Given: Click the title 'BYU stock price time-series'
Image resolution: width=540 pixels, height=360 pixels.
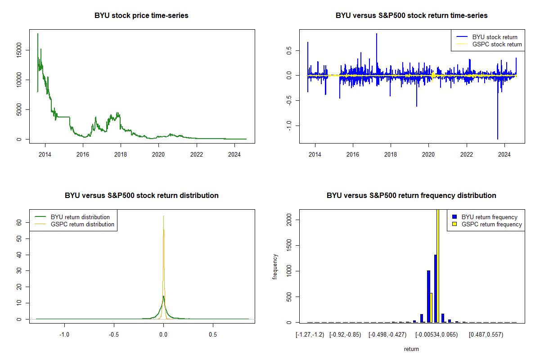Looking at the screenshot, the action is pyautogui.click(x=141, y=15).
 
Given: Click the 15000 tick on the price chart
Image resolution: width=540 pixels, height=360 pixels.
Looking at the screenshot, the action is pyautogui.click(x=19, y=50).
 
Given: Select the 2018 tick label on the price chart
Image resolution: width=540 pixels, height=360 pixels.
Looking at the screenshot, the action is pyautogui.click(x=121, y=154).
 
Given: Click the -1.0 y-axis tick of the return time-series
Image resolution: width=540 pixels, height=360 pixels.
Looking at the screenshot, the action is pyautogui.click(x=289, y=126).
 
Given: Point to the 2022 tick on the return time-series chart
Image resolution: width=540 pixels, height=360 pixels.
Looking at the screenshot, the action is pyautogui.click(x=467, y=154).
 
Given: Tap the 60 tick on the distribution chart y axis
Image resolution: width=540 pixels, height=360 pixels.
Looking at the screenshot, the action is pyautogui.click(x=19, y=223).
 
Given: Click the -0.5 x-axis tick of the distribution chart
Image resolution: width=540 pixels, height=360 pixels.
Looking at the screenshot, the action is pyautogui.click(x=114, y=334).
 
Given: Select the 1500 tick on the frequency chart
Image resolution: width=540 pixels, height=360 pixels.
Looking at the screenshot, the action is pyautogui.click(x=289, y=245).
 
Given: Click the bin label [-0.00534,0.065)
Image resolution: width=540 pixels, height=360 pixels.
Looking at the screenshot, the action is pyautogui.click(x=436, y=335).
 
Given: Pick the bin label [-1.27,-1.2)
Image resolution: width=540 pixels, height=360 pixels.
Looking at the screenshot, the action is pyautogui.click(x=310, y=335).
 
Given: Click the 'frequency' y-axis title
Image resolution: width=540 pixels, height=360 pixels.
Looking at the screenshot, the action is pyautogui.click(x=275, y=267).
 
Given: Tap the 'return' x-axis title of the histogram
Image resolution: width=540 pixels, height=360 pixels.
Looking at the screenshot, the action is pyautogui.click(x=411, y=349).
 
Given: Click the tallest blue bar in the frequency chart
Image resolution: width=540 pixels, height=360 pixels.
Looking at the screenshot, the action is pyautogui.click(x=436, y=288).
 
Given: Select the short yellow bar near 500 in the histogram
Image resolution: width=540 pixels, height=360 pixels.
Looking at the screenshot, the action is pyautogui.click(x=431, y=308).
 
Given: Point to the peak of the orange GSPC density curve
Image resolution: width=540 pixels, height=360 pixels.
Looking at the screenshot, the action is pyautogui.click(x=163, y=216).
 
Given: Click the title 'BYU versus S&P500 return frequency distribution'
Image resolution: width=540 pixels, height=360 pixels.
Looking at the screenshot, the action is pyautogui.click(x=411, y=195).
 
